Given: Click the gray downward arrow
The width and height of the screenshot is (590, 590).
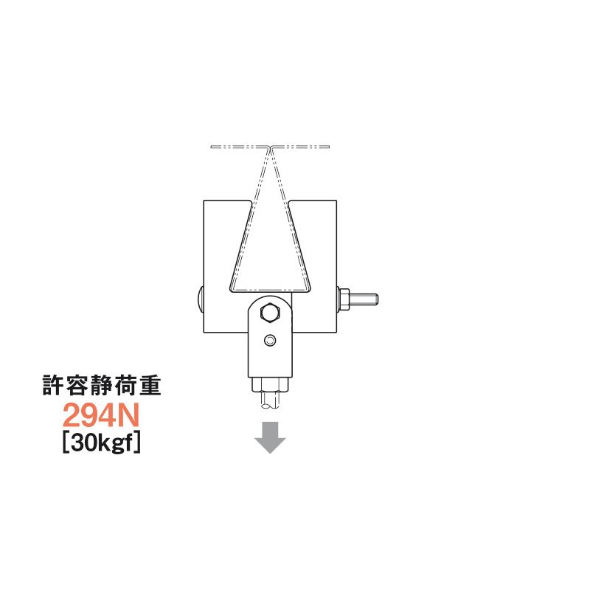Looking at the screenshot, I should click(270, 437).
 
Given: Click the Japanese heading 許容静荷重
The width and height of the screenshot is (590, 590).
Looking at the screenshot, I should click(101, 386).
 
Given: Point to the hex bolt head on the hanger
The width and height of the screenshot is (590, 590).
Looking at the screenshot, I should click(270, 313).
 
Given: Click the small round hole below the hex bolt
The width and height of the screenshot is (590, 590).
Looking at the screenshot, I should click(270, 340).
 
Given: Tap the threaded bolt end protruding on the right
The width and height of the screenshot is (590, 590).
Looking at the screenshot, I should click(365, 299).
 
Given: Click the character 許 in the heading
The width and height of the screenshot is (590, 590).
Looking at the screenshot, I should click(53, 386).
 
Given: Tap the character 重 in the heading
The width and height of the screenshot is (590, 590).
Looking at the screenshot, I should click(149, 386).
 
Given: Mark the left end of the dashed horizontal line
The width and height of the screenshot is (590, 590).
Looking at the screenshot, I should click(212, 147).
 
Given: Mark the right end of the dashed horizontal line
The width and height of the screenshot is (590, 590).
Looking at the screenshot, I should click(329, 147).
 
